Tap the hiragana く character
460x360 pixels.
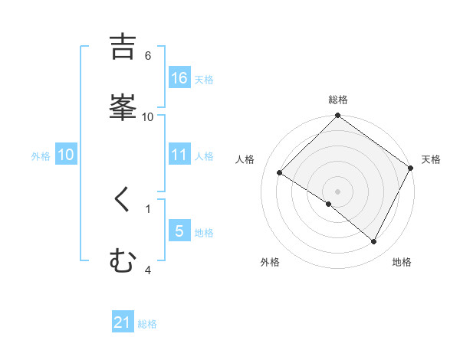point(123,201)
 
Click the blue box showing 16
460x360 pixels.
point(179,78)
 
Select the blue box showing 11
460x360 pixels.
point(179,155)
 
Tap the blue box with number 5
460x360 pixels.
point(179,231)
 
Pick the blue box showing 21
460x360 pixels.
point(123,323)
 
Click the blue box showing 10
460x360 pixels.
point(65,155)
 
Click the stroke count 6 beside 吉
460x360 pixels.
point(148,55)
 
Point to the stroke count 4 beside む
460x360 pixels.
point(148,270)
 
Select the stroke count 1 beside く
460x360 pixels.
point(148,208)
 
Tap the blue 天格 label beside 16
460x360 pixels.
point(204,80)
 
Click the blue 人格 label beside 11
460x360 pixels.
point(204,156)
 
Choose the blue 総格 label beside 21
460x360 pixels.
point(147,325)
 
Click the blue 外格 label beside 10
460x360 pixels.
point(41,156)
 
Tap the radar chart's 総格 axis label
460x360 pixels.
point(338,100)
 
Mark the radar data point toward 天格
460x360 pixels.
point(410,169)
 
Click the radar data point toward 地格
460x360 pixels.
point(374,242)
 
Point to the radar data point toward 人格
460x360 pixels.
point(280,173)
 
